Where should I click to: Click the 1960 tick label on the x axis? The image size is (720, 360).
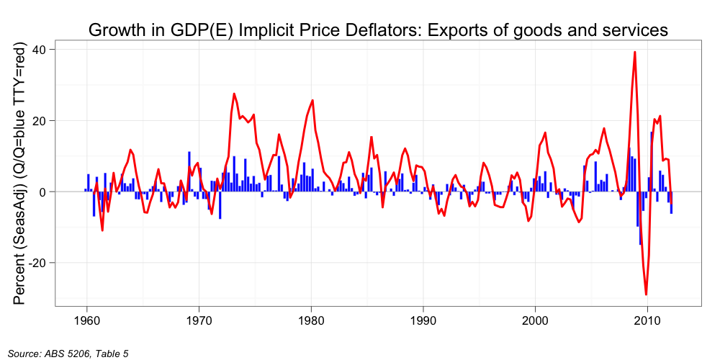(86, 320)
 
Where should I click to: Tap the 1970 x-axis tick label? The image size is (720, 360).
(199, 320)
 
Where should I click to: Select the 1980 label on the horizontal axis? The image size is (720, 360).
(311, 320)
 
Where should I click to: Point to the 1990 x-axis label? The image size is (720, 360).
(423, 320)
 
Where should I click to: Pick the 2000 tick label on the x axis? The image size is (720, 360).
(536, 320)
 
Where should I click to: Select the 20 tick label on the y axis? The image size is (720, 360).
(39, 120)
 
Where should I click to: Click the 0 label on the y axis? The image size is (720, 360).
(42, 192)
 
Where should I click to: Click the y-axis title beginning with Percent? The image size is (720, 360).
(21, 174)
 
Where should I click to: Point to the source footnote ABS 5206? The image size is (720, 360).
(68, 353)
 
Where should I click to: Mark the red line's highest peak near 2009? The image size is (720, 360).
(634, 52)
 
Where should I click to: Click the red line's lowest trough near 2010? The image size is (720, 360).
(646, 294)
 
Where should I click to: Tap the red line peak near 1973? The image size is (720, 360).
(234, 94)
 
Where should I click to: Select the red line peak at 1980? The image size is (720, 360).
(312, 100)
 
